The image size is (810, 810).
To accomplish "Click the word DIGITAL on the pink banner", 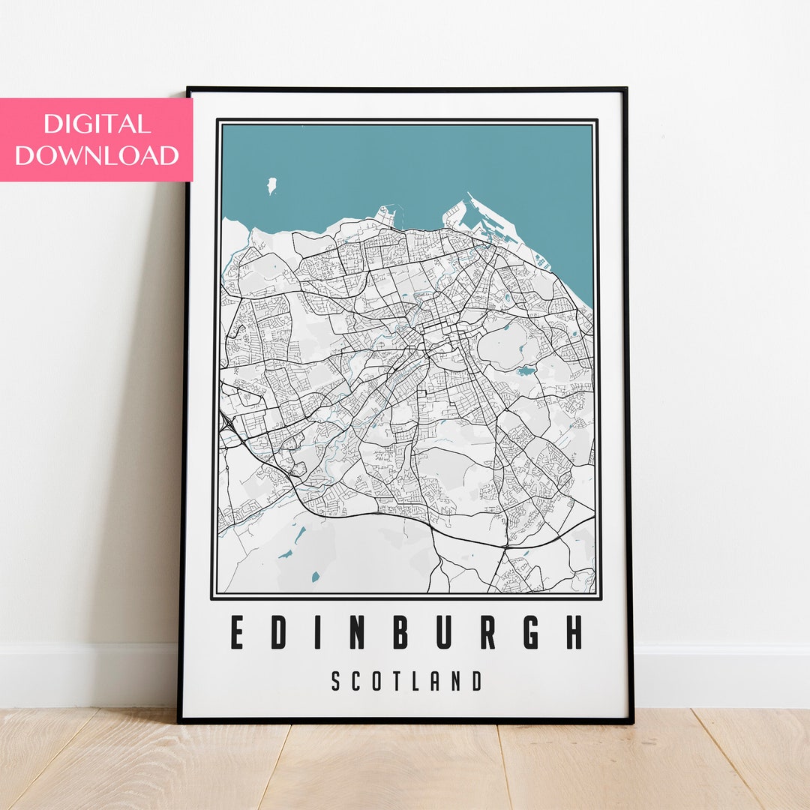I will [x=97, y=124].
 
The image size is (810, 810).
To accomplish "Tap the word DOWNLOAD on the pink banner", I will [x=97, y=155].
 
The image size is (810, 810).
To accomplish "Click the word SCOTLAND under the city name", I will [x=406, y=682].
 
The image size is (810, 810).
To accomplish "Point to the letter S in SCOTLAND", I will [x=337, y=682].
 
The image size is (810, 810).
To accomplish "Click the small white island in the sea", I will [x=271, y=185].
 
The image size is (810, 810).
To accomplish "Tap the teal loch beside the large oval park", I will [x=526, y=370].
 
